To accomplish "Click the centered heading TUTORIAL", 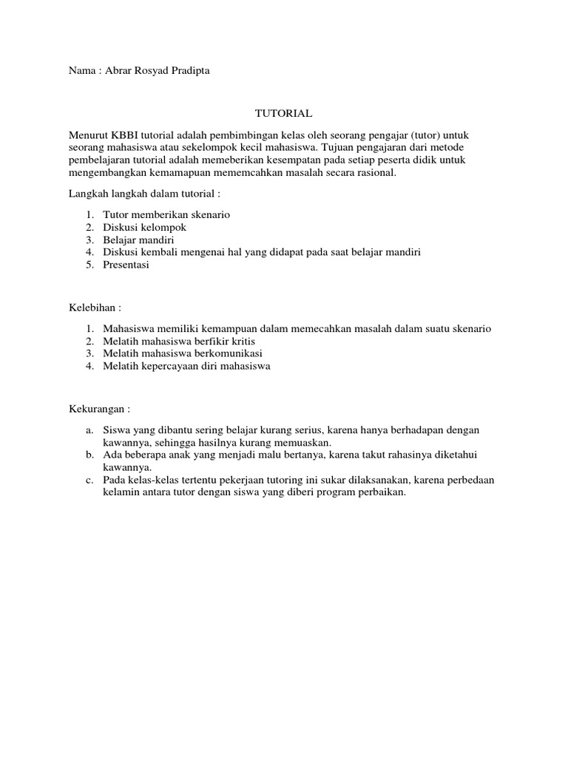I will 284,114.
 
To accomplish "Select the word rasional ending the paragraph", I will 376,173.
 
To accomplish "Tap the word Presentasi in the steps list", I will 126,265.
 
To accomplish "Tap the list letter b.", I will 89,455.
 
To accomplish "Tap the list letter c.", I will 89,481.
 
